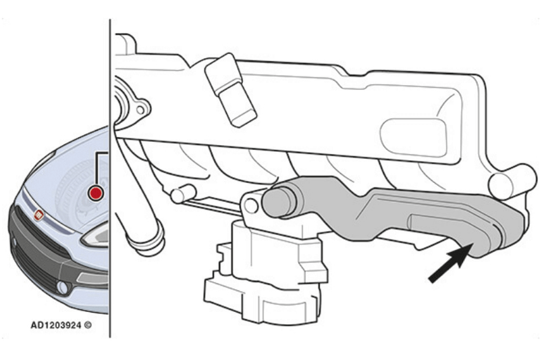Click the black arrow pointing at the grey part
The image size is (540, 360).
(450, 263)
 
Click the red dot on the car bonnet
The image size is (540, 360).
(95, 192)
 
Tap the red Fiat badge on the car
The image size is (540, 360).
(38, 215)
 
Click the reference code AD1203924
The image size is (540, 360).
(56, 325)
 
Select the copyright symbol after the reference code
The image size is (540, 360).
(88, 325)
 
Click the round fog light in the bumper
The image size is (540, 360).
(62, 288)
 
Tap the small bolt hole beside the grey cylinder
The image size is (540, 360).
(251, 207)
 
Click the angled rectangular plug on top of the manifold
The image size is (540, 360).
(230, 90)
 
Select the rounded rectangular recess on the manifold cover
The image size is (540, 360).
(414, 138)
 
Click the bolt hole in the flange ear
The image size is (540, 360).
(140, 110)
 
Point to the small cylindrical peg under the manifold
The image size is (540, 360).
(183, 195)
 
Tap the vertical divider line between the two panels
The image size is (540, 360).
(110, 178)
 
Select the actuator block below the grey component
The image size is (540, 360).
(266, 272)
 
